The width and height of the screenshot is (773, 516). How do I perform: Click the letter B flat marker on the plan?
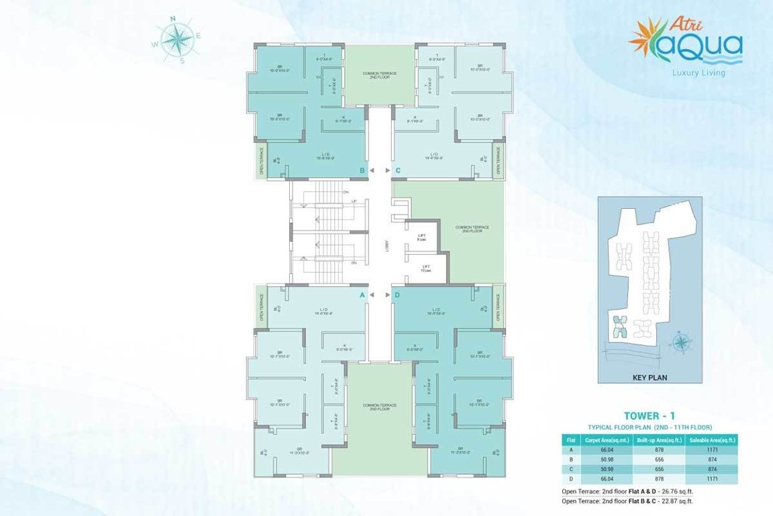[362, 171]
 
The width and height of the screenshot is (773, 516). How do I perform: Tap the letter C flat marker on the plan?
[398, 171]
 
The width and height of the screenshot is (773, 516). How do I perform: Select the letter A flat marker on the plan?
[362, 295]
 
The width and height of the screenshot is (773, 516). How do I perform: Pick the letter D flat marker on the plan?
[398, 295]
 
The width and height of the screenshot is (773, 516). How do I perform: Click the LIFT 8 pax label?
[422, 236]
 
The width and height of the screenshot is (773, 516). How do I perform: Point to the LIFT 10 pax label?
[425, 268]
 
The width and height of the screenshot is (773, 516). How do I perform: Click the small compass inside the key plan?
[681, 342]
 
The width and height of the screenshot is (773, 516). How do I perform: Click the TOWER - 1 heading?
[649, 416]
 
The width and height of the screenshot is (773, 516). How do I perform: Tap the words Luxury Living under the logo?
[699, 73]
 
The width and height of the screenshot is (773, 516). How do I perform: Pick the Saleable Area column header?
[711, 439]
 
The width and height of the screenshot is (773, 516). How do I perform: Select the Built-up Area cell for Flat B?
[659, 459]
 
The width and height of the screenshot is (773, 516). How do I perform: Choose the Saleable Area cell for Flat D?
[711, 478]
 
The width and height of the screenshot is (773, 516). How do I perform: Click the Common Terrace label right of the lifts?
[472, 229]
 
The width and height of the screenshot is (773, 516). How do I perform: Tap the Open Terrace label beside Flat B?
[262, 161]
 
